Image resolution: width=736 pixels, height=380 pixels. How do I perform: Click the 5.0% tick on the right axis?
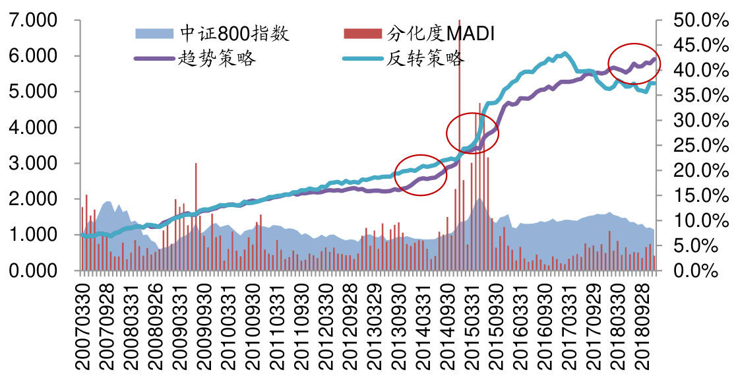click(696, 246)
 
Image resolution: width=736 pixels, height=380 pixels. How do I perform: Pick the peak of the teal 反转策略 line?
click(565, 53)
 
